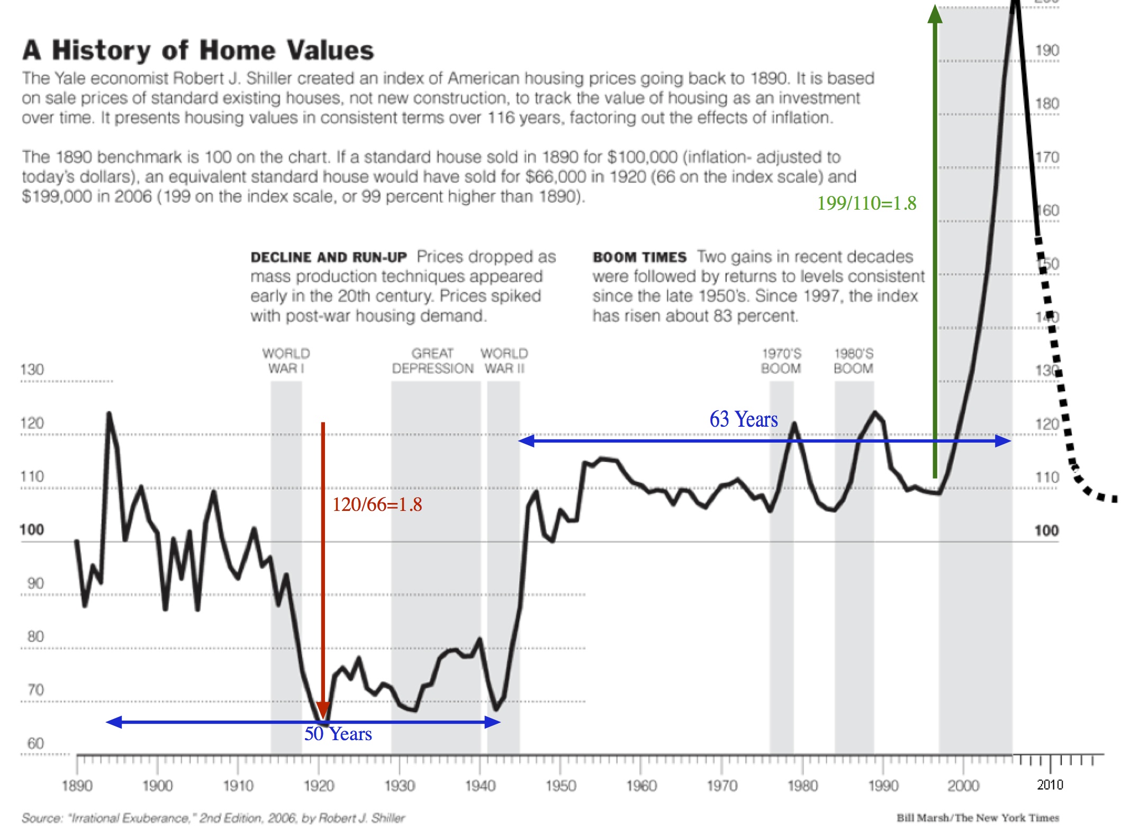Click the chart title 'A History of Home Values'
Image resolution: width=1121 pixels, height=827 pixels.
tap(198, 51)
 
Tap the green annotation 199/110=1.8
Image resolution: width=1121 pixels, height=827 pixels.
tap(866, 203)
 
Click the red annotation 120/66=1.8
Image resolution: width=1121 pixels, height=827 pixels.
tap(377, 505)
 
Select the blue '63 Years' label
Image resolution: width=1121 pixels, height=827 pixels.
tap(743, 419)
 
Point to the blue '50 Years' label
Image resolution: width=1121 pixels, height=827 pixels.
tap(338, 734)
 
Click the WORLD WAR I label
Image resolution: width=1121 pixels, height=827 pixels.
tap(286, 361)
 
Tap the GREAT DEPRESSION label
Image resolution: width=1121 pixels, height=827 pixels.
tap(432, 361)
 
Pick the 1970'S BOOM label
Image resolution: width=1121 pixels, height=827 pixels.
tap(781, 361)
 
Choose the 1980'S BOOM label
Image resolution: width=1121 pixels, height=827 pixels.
tap(853, 361)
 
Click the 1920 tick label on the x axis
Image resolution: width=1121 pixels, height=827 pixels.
tap(319, 786)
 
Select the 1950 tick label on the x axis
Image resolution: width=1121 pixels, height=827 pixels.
tap(560, 786)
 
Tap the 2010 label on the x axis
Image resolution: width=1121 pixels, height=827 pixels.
tap(1050, 785)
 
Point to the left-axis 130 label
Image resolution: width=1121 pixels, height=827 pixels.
tap(32, 370)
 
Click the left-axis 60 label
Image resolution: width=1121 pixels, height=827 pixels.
tap(35, 743)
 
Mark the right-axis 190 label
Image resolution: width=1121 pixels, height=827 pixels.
tap(1047, 51)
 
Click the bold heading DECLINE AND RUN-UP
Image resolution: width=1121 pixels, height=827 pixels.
tap(329, 257)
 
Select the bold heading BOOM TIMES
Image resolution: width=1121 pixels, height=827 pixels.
tap(639, 257)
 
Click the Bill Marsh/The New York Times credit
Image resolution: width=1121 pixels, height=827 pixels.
tap(978, 818)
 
